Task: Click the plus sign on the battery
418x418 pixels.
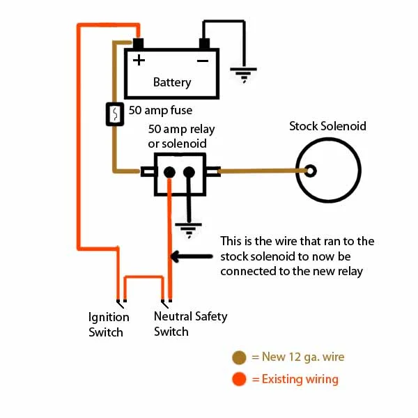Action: point(139,60)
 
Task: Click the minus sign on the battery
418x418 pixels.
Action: point(203,60)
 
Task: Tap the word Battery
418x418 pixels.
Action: point(172,82)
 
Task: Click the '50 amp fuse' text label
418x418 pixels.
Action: point(160,110)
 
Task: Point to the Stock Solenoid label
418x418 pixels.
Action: point(327,126)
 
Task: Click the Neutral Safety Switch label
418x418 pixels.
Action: point(190,324)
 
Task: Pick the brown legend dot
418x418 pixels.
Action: point(240,358)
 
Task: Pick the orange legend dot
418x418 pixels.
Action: point(240,380)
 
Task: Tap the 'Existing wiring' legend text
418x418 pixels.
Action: point(295,380)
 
